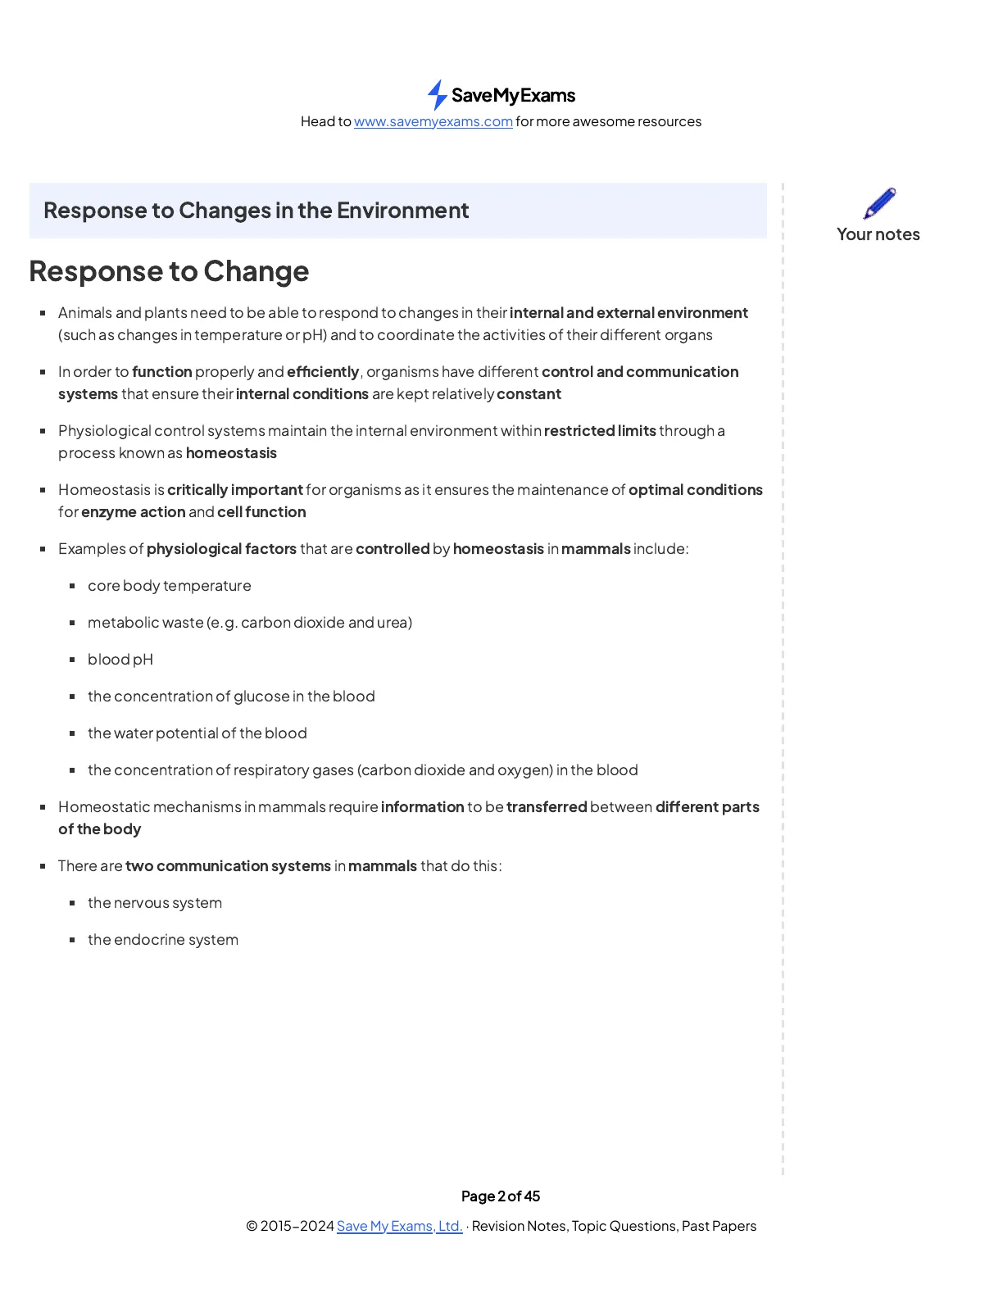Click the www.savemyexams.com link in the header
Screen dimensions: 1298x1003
tap(433, 121)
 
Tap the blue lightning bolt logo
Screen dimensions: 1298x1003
tap(438, 95)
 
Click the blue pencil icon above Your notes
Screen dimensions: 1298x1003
tap(879, 203)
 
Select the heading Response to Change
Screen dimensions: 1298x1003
tap(169, 271)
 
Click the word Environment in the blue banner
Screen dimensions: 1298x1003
tap(402, 211)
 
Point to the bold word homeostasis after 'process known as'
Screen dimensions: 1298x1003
tap(231, 453)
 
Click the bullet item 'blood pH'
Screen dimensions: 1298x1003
tap(120, 660)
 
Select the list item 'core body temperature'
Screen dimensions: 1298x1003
tap(170, 586)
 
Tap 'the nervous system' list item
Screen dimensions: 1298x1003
tap(155, 903)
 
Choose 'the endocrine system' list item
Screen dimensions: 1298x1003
tap(163, 940)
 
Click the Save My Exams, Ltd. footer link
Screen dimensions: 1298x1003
tap(399, 1226)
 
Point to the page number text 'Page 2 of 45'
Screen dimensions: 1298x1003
tap(501, 1196)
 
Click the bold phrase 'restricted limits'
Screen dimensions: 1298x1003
tap(600, 431)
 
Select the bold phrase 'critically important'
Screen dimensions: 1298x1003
tap(235, 490)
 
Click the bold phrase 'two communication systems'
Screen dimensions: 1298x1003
tap(229, 866)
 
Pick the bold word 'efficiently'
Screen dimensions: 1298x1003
tap(323, 372)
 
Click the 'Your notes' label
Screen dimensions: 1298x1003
tap(878, 234)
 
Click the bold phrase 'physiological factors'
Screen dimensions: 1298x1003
tap(221, 549)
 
